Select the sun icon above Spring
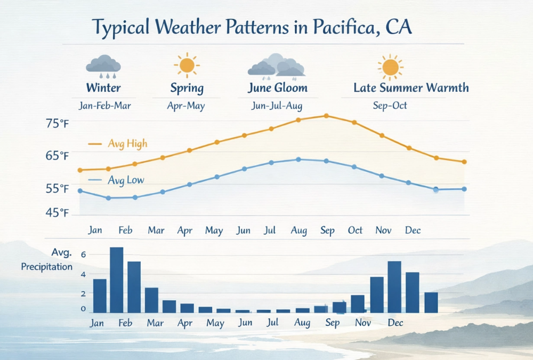[x=187, y=65]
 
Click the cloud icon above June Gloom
[x=276, y=65]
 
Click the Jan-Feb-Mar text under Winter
[x=104, y=106]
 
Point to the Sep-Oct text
[x=390, y=106]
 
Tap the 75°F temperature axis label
[x=58, y=124]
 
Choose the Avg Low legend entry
[x=125, y=180]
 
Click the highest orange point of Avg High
[x=326, y=116]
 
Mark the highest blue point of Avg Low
[x=298, y=159]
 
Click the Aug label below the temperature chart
[x=298, y=230]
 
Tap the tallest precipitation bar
[x=116, y=280]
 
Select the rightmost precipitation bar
[x=431, y=302]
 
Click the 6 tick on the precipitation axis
[x=83, y=255]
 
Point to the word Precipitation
[x=47, y=267]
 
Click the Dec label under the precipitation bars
[x=395, y=323]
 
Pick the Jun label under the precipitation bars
[x=245, y=323]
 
